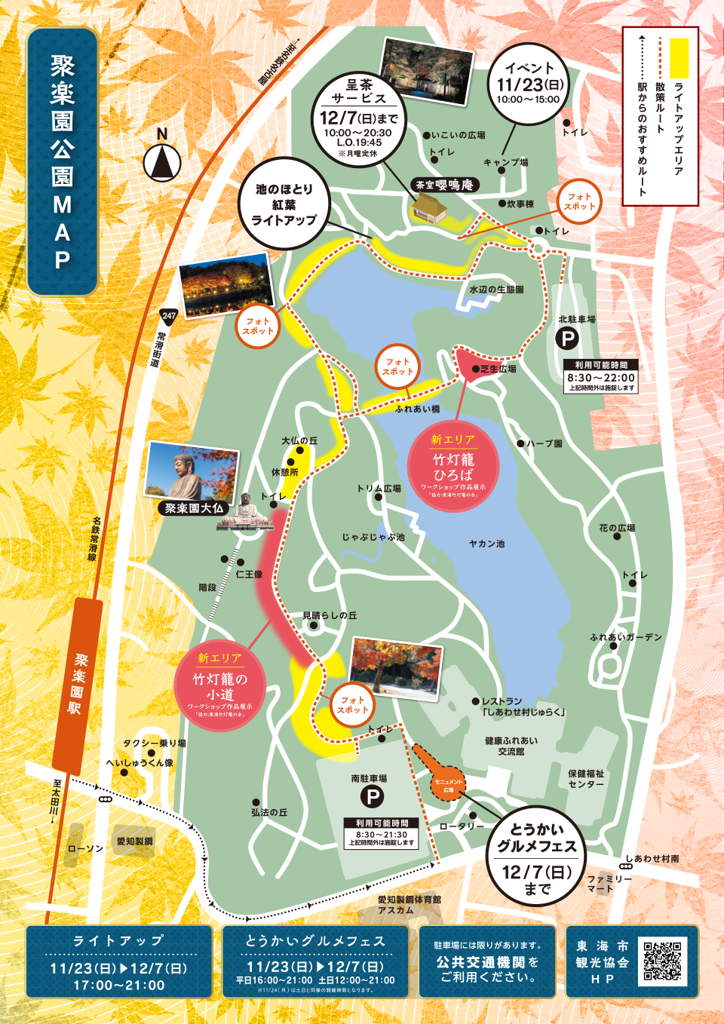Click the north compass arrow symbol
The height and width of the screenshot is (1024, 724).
[x=162, y=161]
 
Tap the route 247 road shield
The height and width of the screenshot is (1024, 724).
[x=169, y=316]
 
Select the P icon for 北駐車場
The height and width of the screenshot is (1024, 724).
[x=566, y=339]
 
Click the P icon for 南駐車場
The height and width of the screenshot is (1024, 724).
[x=372, y=796]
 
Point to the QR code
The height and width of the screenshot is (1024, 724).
[x=663, y=961]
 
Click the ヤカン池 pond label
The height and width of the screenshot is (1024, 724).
[x=486, y=544]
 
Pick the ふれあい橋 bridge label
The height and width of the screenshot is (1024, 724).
[x=417, y=409]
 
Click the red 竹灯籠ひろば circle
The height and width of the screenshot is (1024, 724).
[x=452, y=468]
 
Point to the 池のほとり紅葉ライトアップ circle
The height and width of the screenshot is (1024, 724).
[x=284, y=204]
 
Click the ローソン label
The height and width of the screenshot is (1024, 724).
[x=85, y=848]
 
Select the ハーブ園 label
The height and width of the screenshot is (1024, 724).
[x=544, y=443]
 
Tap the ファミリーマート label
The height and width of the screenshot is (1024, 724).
[x=609, y=884]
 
